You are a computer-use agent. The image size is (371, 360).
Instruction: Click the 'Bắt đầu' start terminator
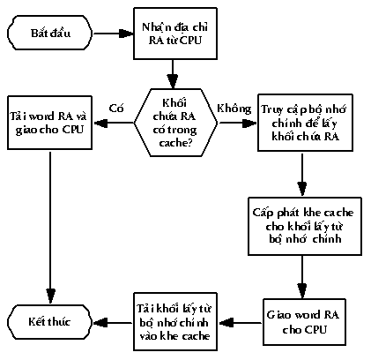pyautogui.click(x=49, y=33)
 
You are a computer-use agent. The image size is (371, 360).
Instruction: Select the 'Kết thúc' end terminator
pyautogui.click(x=49, y=321)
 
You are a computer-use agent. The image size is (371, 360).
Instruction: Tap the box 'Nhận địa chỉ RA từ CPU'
pyautogui.click(x=175, y=34)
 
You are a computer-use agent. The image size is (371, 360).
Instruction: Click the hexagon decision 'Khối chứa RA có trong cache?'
pyautogui.click(x=175, y=123)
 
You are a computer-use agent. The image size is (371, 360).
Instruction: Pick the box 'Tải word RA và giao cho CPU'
pyautogui.click(x=49, y=123)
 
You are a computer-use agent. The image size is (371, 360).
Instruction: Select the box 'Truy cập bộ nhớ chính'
pyautogui.click(x=305, y=123)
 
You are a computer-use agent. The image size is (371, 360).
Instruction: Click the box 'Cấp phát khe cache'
pyautogui.click(x=305, y=226)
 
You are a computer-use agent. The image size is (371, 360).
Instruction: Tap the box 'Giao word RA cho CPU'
pyautogui.click(x=304, y=322)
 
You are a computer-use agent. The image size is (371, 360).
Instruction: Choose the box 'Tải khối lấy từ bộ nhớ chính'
pyautogui.click(x=175, y=321)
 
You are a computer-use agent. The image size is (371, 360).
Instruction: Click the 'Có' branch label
pyautogui.click(x=116, y=109)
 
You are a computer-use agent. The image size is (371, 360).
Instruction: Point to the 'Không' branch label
pyautogui.click(x=234, y=109)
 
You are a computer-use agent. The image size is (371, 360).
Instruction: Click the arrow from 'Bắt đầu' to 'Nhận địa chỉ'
pyautogui.click(x=113, y=34)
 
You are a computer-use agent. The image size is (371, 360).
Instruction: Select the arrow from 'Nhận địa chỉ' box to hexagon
pyautogui.click(x=173, y=74)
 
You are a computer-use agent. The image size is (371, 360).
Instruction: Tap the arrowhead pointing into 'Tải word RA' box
pyautogui.click(x=100, y=123)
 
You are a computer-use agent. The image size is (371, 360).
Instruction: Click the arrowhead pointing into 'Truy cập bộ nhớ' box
pyautogui.click(x=250, y=123)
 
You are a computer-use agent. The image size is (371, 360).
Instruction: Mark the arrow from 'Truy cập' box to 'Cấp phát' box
pyautogui.click(x=302, y=174)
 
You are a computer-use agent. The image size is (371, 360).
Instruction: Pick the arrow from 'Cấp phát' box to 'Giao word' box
pyautogui.click(x=302, y=277)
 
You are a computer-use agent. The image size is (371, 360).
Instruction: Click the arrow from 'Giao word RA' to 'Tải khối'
pyautogui.click(x=240, y=323)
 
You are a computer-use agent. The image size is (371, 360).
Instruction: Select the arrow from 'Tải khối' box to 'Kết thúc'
pyautogui.click(x=113, y=323)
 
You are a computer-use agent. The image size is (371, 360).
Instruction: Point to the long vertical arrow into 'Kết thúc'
pyautogui.click(x=50, y=227)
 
